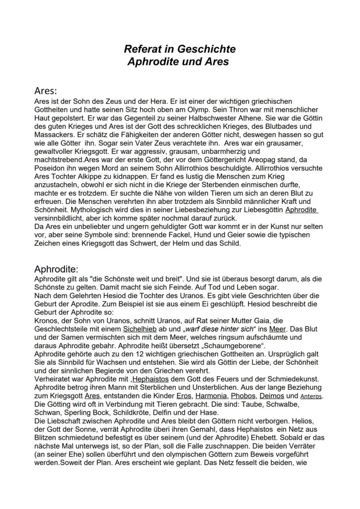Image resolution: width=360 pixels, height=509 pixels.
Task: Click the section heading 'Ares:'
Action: (x=46, y=91)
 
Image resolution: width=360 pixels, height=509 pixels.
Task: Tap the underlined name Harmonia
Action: (x=211, y=396)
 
